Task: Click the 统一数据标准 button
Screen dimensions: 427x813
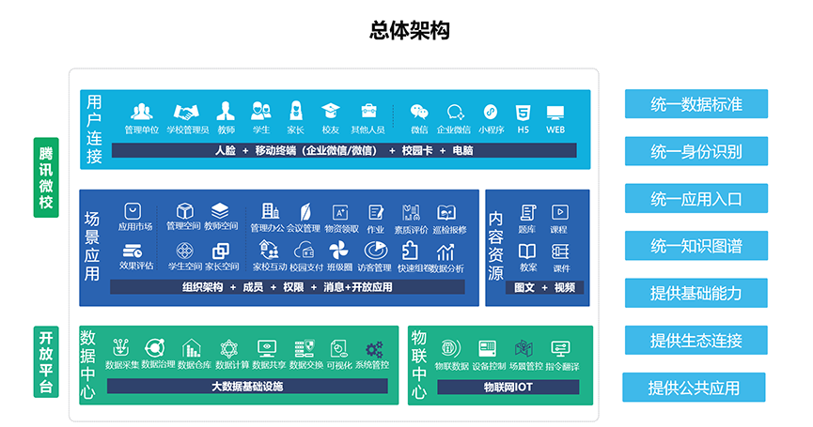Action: (x=696, y=104)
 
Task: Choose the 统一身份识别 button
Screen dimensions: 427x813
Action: (x=696, y=151)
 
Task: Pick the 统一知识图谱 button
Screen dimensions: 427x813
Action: (x=696, y=246)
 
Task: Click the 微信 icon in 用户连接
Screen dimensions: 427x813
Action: (x=419, y=112)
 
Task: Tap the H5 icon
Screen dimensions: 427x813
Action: (x=523, y=112)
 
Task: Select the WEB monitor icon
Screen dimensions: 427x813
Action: (x=555, y=112)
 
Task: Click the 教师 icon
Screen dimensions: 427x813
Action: (x=226, y=112)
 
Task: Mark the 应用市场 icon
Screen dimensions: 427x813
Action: (x=134, y=212)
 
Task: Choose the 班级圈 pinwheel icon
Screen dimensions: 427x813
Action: (x=339, y=251)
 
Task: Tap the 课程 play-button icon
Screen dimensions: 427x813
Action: (x=558, y=213)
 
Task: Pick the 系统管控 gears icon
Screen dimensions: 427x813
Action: (x=373, y=348)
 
